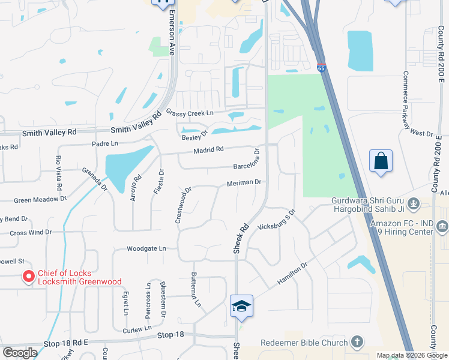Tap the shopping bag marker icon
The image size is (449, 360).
381,161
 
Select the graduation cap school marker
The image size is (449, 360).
241,306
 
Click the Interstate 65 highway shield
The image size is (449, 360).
322,68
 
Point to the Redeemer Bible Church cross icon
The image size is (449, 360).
357,343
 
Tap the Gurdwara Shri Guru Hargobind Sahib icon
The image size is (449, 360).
413,205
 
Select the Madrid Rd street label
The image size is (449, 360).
208,149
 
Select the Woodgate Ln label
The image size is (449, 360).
146,248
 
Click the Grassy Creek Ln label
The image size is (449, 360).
190,113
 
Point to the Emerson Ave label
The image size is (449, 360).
172,33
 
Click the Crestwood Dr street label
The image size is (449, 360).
183,205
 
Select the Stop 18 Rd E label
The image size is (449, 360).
66,343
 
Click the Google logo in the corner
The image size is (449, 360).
20,353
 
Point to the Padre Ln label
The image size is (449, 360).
104,144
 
